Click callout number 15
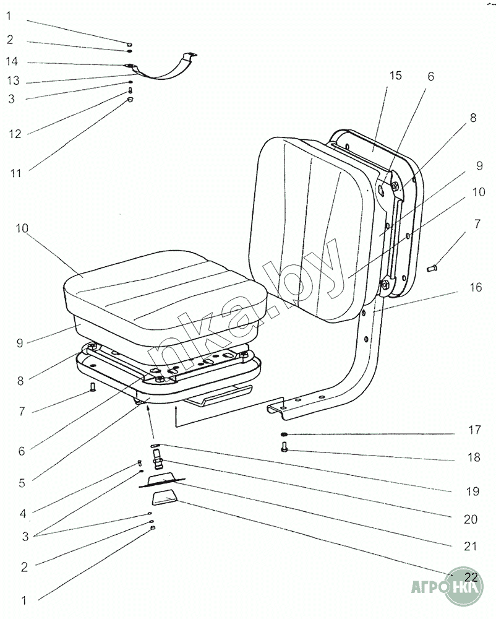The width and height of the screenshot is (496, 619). (395, 76)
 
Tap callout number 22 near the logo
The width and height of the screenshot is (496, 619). (471, 577)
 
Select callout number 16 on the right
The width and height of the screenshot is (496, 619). (476, 287)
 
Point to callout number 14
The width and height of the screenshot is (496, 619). (12, 61)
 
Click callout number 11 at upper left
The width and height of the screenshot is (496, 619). (15, 173)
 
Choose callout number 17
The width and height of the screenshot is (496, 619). (475, 430)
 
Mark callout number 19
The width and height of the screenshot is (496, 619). (472, 491)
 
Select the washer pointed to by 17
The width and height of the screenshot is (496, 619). (284, 435)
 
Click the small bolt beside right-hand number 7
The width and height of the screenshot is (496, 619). (431, 269)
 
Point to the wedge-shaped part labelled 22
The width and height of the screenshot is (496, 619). (165, 498)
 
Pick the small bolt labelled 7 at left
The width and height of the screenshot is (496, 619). (93, 387)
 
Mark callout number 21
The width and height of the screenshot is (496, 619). (471, 547)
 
